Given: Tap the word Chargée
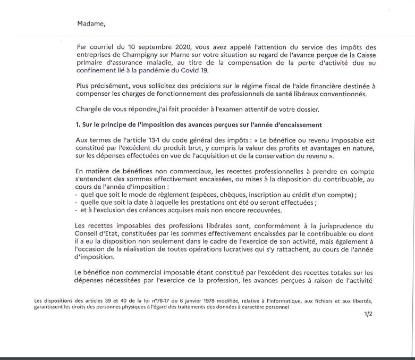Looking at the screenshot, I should (x=90, y=110).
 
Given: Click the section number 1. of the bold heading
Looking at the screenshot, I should (x=78, y=125).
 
